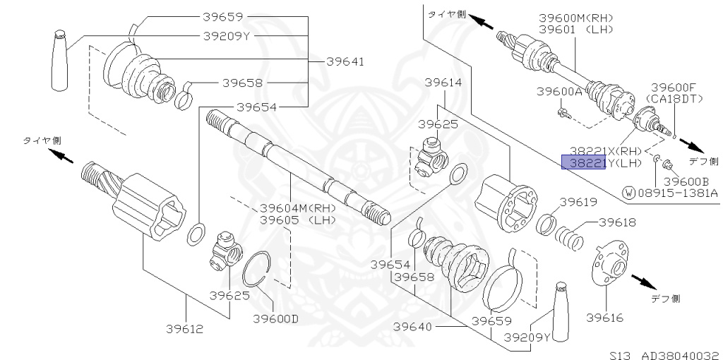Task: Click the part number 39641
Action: click(x=345, y=62)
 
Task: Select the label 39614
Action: click(x=443, y=83)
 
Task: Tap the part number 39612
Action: click(x=185, y=329)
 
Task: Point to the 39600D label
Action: click(x=275, y=318)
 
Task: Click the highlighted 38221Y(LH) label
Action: click(x=599, y=163)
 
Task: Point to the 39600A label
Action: click(x=559, y=91)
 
